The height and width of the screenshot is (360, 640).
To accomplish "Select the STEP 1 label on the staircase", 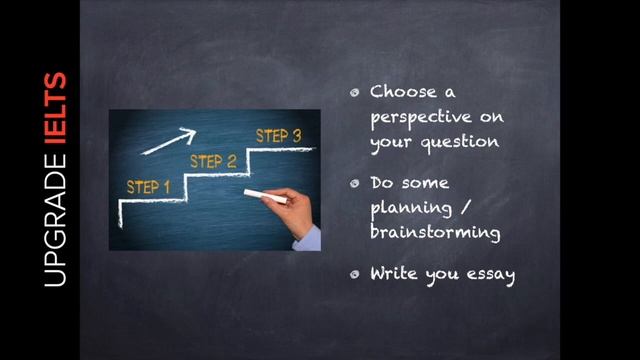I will click(x=148, y=186).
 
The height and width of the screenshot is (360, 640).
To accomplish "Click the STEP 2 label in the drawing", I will click(x=213, y=161).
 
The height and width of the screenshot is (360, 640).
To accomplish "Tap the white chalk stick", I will click(x=265, y=196).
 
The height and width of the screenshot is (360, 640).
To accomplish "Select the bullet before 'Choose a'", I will click(x=355, y=93).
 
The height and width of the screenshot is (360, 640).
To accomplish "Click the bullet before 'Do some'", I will click(x=355, y=185).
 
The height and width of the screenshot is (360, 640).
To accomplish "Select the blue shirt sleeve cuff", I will click(x=309, y=238).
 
